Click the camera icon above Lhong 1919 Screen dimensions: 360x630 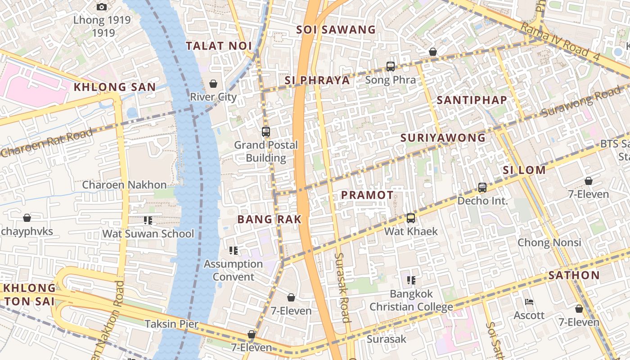point(102,7)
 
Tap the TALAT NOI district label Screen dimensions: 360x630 point(219,46)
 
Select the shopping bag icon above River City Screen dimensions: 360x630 point(213,84)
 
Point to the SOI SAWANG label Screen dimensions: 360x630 point(336,30)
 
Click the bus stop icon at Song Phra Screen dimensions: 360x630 point(391,67)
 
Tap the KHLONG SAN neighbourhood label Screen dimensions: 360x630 point(115,87)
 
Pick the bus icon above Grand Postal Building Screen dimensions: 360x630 point(266,132)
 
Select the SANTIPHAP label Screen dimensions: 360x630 point(472,100)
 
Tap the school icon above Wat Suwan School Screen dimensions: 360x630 point(148,220)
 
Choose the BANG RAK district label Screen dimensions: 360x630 point(269,220)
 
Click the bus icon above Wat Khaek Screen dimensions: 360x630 point(411,218)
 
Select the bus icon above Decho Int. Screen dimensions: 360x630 point(482,188)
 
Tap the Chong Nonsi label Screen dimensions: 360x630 point(549,243)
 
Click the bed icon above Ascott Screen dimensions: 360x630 point(529,301)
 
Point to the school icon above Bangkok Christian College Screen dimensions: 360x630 point(411,280)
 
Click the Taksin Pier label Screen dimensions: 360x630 point(171,324)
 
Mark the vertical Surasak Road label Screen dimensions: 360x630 point(342,288)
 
